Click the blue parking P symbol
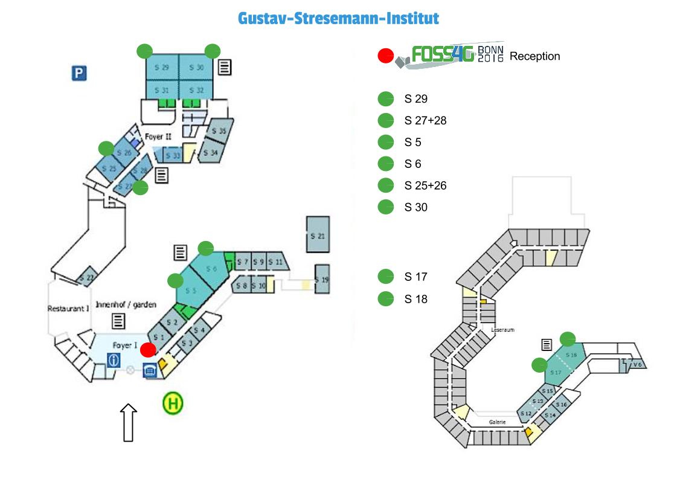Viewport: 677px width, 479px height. [x=79, y=74]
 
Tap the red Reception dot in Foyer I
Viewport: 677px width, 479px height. [x=148, y=349]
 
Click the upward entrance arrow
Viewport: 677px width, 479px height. [x=129, y=423]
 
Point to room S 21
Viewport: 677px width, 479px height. [x=318, y=235]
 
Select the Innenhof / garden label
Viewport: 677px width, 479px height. [x=126, y=305]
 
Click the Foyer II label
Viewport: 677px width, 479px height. [x=158, y=137]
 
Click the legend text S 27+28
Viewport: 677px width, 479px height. [x=425, y=121]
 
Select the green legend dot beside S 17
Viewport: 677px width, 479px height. [x=385, y=277]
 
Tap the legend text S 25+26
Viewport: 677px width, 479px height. [x=425, y=185]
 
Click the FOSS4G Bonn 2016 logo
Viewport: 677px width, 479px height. [x=450, y=56]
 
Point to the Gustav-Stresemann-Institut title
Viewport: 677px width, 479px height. [x=338, y=18]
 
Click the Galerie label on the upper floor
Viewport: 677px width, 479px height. [x=498, y=422]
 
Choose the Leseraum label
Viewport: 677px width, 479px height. [x=503, y=330]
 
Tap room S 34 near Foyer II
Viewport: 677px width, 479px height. [x=211, y=152]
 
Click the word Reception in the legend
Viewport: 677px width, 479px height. [x=534, y=56]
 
